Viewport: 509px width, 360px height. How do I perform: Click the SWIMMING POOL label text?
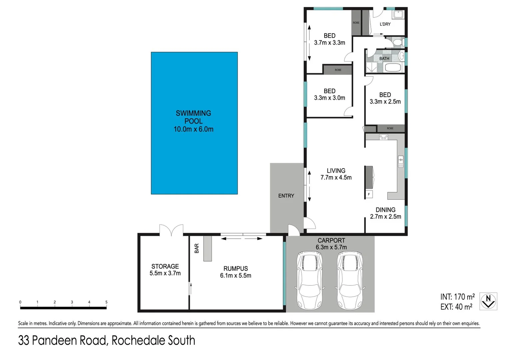pos(193,117)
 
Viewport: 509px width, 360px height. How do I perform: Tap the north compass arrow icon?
pos(488,301)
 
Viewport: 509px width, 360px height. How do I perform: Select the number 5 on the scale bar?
pos(106,302)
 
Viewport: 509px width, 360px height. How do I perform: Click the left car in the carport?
pos(310,280)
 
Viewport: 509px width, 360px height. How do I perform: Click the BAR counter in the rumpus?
pos(208,248)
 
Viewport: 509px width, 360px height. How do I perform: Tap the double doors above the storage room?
pos(171,230)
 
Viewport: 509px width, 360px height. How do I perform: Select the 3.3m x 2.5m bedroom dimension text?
pos(385,102)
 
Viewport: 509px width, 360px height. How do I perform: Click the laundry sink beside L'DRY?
pos(398,15)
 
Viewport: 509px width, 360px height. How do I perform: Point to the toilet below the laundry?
pos(397,42)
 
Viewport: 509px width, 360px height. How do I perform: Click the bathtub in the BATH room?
pos(394,68)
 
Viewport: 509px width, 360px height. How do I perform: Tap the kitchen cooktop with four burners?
pos(384,137)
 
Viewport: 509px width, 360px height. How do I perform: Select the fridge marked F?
pos(369,194)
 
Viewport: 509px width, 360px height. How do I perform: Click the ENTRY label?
pos(286,196)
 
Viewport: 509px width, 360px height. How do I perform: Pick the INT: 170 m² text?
pos(457,297)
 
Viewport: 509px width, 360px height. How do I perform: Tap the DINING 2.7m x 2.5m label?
pos(385,213)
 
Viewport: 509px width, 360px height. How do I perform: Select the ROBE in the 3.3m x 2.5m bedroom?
pos(390,128)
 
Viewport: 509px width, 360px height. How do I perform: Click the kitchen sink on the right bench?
pos(401,161)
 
